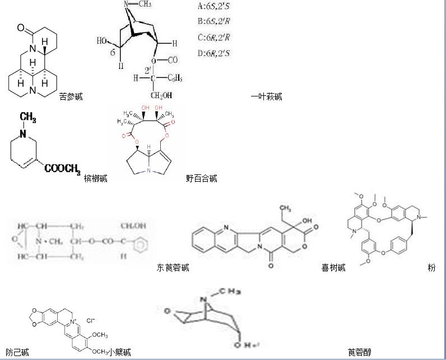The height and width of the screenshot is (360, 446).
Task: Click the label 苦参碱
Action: click(x=71, y=96)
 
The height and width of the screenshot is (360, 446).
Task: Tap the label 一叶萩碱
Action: click(x=266, y=96)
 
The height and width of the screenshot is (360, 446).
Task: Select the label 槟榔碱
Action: click(x=95, y=178)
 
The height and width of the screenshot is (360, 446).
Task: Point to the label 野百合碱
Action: click(x=202, y=178)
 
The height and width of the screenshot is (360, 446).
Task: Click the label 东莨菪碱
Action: click(x=173, y=267)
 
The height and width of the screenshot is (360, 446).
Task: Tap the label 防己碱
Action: click(x=17, y=352)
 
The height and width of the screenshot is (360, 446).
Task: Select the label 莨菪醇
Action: click(x=359, y=352)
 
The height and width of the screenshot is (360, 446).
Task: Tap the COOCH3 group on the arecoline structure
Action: click(x=62, y=168)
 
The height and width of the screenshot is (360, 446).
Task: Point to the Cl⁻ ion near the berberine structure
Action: click(x=91, y=321)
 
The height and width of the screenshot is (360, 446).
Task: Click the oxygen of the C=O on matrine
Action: click(x=21, y=27)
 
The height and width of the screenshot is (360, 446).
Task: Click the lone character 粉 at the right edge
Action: click(x=431, y=267)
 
